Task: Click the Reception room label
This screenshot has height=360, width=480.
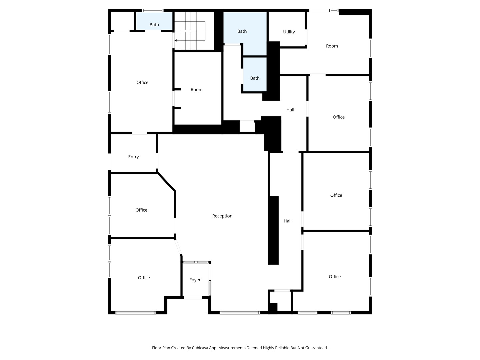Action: tap(222, 216)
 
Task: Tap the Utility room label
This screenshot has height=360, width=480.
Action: tap(289, 32)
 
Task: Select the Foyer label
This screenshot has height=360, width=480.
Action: tap(195, 280)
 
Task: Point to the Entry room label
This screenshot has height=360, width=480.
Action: tap(133, 157)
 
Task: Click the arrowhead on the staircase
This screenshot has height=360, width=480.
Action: tap(175, 40)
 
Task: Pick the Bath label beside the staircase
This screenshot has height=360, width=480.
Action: tap(154, 25)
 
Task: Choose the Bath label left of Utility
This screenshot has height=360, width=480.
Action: tap(242, 31)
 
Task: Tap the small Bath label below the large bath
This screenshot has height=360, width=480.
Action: tap(255, 78)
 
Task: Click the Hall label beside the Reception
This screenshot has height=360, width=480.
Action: tap(287, 221)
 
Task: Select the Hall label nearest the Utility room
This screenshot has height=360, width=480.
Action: tap(290, 110)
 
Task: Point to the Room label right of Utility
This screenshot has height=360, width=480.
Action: tap(332, 46)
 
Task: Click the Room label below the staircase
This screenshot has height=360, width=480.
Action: tap(196, 89)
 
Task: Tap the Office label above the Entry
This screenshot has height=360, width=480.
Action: tap(142, 82)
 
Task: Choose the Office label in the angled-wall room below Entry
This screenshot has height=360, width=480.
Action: tap(141, 210)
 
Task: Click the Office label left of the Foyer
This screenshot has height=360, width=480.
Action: tap(144, 278)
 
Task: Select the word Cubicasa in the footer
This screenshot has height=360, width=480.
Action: tap(200, 348)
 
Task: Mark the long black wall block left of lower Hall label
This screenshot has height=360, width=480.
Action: tap(273, 230)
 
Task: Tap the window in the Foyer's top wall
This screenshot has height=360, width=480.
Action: tap(196, 262)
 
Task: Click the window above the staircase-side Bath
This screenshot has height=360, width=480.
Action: tap(153, 10)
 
